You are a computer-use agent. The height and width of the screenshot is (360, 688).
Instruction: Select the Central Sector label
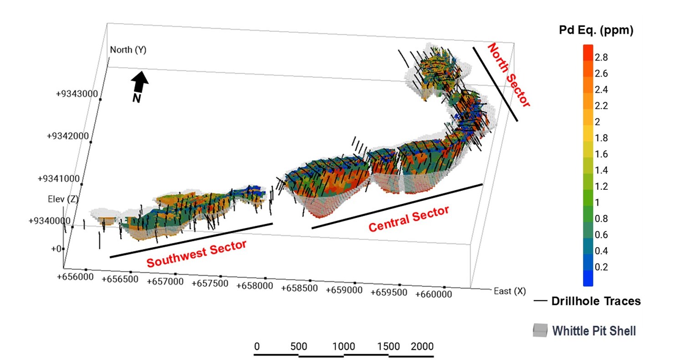coord(409,219)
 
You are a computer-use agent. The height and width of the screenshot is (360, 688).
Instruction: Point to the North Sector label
coord(509,75)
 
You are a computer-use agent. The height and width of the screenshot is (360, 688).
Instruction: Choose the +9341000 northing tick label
coord(59,179)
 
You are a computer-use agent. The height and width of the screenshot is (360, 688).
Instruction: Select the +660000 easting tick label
coord(434,294)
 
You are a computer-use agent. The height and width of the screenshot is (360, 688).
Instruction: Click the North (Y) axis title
coord(128,50)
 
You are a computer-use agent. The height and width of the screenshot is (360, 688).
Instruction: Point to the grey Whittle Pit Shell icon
coord(540,331)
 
